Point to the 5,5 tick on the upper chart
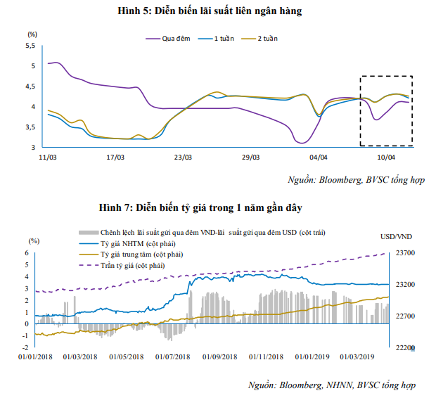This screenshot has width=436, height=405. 30,46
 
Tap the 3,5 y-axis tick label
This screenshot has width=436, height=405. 30,127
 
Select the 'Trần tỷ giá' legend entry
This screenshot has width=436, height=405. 136,265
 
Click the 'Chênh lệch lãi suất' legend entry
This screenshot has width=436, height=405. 211,231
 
